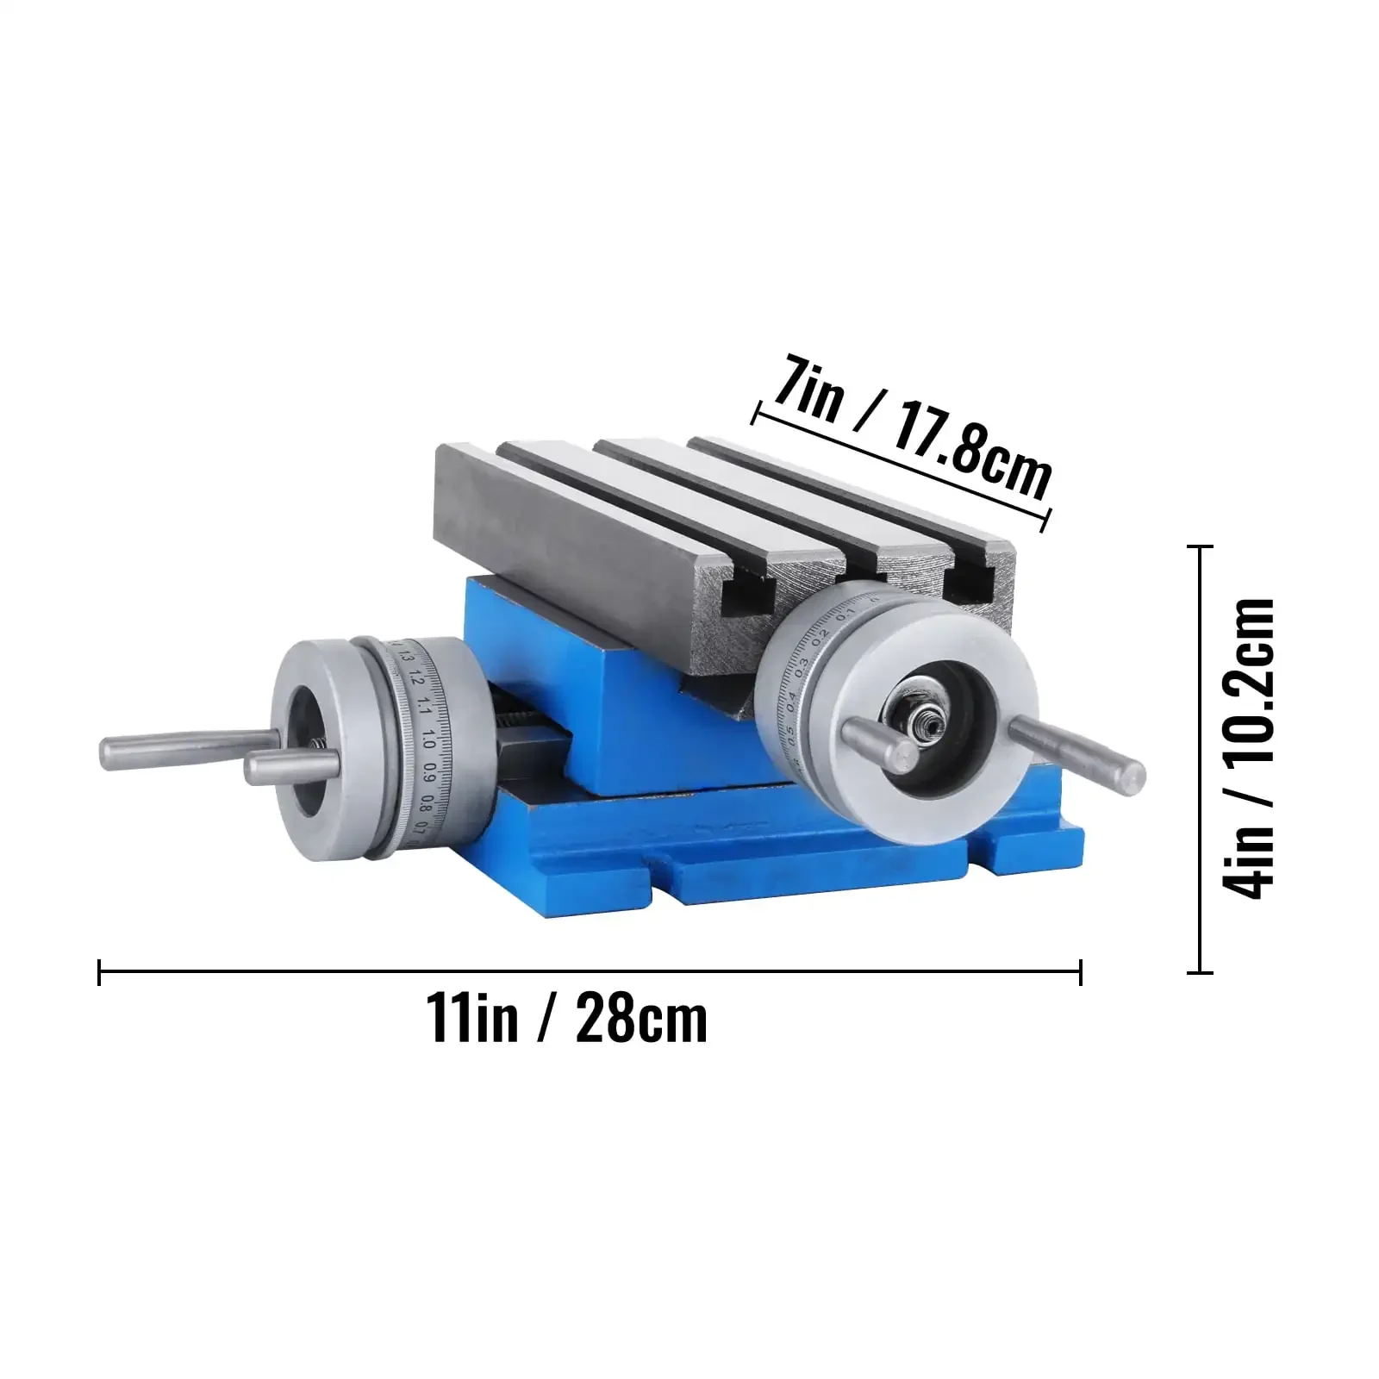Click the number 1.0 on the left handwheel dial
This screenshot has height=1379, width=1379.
point(428,743)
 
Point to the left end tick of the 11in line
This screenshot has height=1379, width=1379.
point(101,971)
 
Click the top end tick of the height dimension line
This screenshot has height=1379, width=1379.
point(1200,546)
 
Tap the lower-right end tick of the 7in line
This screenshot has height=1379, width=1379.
point(1048,519)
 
